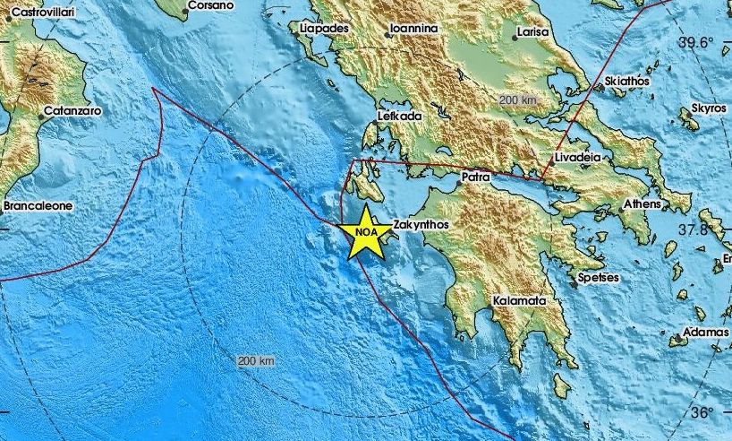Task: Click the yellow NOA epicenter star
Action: [x=364, y=232]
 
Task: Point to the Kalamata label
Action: [x=519, y=302]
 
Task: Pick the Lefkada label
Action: [x=398, y=116]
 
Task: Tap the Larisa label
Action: [x=529, y=34]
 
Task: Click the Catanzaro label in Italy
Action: [x=72, y=111]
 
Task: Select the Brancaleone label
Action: [x=38, y=205]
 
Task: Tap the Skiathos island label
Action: [x=627, y=81]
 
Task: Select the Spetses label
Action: [x=598, y=278]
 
